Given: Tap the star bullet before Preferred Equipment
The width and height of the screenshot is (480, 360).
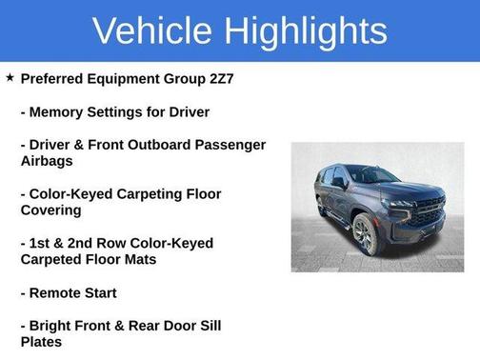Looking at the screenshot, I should coord(10,77).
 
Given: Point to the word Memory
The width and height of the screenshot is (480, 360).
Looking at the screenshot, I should coord(59,111).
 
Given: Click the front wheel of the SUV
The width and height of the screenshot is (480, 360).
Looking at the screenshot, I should coord(364,234).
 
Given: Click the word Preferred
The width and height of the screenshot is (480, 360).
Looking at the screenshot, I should coord(59,78).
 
